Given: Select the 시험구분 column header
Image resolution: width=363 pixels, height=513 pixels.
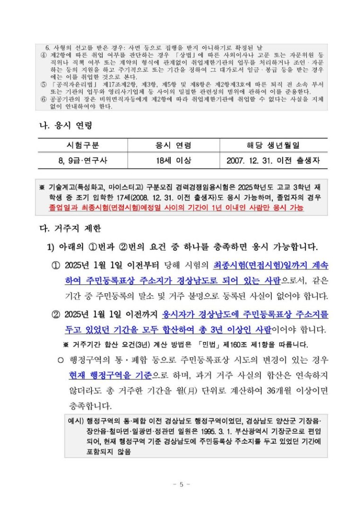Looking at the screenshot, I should [83, 145].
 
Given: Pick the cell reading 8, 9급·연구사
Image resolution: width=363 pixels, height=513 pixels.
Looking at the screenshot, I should [83, 161].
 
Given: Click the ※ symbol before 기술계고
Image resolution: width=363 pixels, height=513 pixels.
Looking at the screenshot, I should [42, 188].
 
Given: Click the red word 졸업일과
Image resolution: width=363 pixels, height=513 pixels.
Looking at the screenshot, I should [63, 208].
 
